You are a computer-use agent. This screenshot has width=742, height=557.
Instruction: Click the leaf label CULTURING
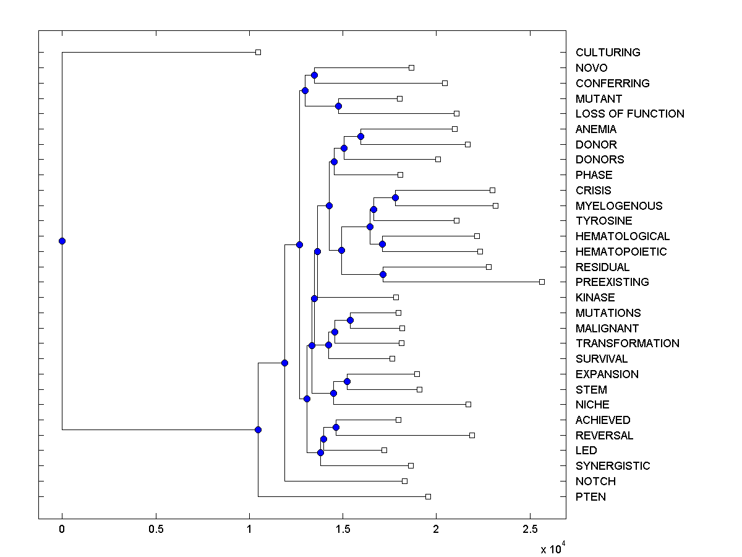(608, 53)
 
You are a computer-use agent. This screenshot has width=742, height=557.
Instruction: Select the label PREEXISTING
(612, 282)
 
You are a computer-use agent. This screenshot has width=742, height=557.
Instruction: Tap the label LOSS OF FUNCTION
(629, 114)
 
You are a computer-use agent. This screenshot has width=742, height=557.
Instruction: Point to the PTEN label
(591, 497)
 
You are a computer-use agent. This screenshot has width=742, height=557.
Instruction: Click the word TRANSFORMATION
(627, 343)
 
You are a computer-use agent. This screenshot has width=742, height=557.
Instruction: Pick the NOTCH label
(595, 481)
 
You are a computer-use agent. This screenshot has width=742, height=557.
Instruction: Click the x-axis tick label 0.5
(156, 530)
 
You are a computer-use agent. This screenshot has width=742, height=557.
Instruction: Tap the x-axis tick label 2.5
(529, 530)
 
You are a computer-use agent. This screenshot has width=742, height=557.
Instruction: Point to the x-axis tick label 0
(62, 530)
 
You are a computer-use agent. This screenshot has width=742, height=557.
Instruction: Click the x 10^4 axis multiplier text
(553, 548)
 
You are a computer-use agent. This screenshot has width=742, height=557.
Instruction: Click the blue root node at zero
(62, 241)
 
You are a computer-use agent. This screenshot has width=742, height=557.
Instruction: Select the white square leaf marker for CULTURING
(258, 53)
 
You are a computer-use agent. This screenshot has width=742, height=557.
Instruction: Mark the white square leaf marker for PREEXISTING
(542, 282)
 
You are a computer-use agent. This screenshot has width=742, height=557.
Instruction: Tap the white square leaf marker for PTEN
(428, 496)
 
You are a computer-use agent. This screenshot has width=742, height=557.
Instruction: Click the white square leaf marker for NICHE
(468, 405)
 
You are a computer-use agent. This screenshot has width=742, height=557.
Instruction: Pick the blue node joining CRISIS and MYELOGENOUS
(396, 198)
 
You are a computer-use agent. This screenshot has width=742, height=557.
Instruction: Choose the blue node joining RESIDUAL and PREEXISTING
(383, 274)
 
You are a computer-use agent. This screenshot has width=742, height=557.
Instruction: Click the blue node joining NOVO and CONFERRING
(314, 75)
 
